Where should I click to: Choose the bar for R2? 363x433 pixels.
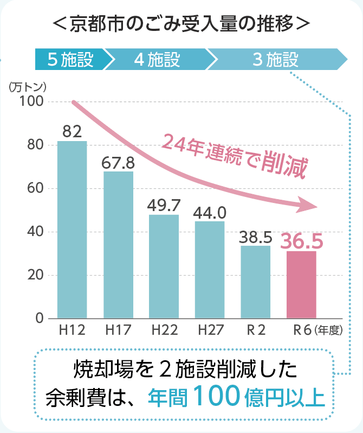pyautogui.click(x=255, y=282)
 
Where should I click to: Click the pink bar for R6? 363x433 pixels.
pyautogui.click(x=301, y=284)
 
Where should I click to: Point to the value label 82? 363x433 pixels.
pyautogui.click(x=72, y=131)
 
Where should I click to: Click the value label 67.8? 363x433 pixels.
pyautogui.click(x=118, y=162)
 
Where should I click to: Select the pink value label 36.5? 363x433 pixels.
pyautogui.click(x=302, y=240)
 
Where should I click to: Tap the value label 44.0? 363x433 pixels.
pyautogui.click(x=210, y=212)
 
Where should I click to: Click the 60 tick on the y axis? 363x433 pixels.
pyautogui.click(x=37, y=188)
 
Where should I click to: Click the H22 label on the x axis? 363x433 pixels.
pyautogui.click(x=164, y=329)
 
